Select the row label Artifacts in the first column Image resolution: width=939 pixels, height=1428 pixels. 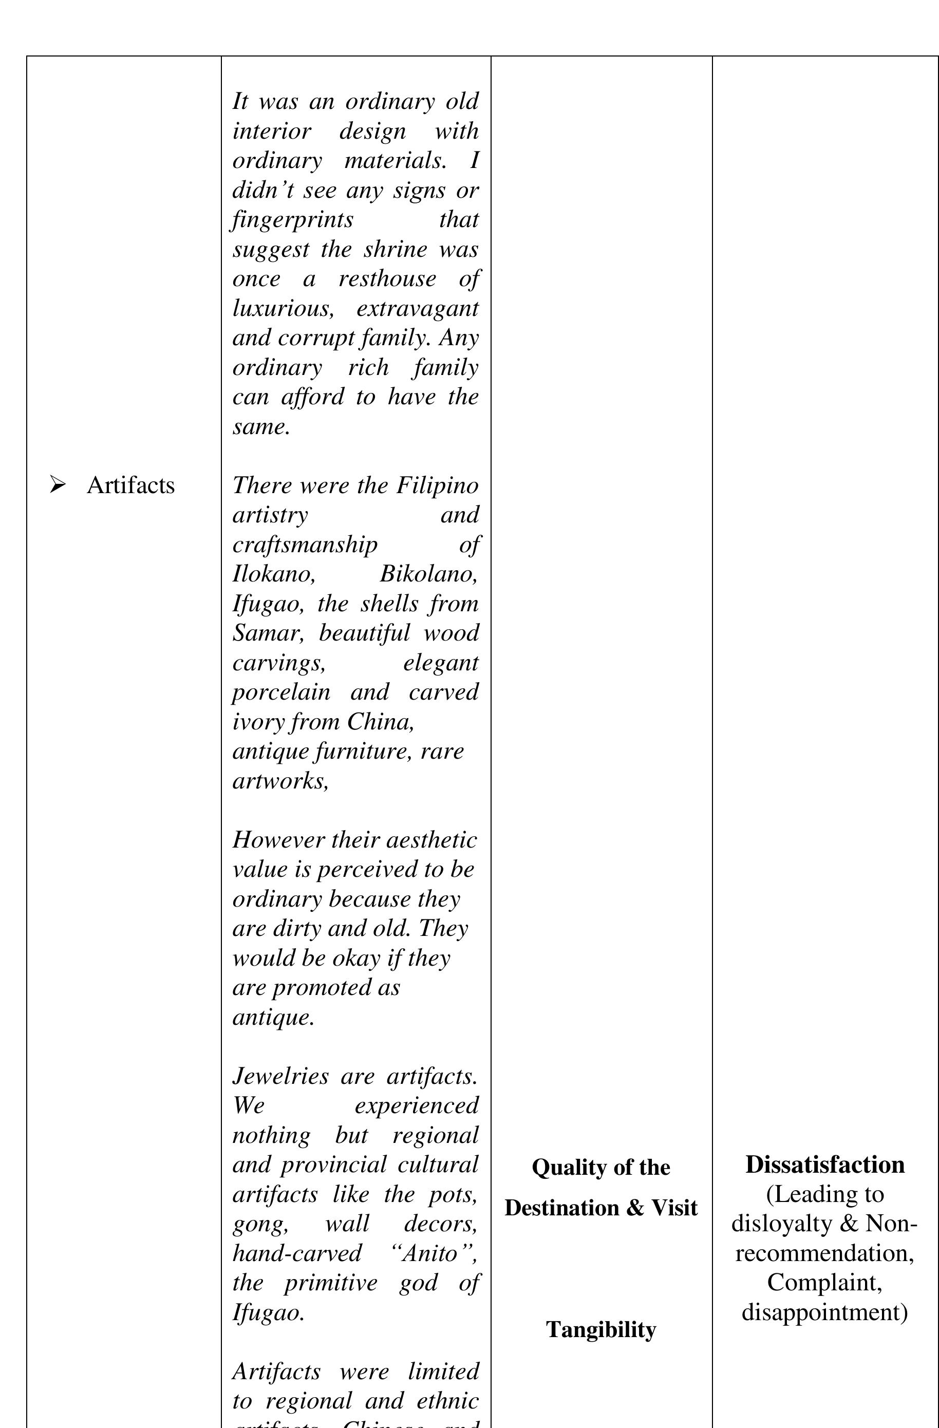click(x=131, y=485)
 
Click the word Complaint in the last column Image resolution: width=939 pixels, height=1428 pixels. click(x=824, y=1283)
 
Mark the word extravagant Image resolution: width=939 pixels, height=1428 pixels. click(x=418, y=308)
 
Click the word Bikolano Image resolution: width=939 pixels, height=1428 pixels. click(x=429, y=574)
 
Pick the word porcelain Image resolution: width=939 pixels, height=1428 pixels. click(x=281, y=692)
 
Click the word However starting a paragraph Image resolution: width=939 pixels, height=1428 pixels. click(x=279, y=840)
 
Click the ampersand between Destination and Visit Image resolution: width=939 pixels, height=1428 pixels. click(x=634, y=1208)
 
